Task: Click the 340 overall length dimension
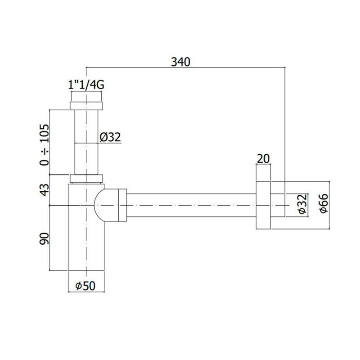[x=180, y=62]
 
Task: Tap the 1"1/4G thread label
[x=86, y=85]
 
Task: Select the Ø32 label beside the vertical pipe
[x=110, y=137]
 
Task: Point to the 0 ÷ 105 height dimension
[x=45, y=144]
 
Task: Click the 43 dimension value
[x=45, y=189]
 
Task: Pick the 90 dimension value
[x=45, y=239]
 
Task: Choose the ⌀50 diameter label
[x=85, y=286]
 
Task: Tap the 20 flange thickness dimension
[x=263, y=159]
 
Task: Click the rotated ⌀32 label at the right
[x=303, y=204]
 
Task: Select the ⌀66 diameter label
[x=324, y=203]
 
